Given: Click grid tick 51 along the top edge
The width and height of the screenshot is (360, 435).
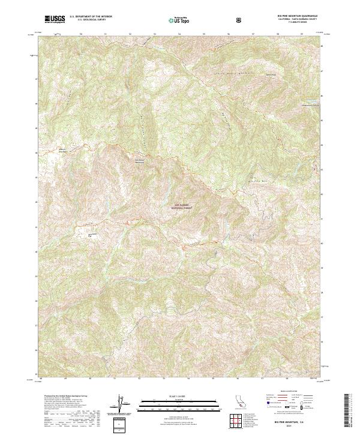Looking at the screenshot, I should point(106,34).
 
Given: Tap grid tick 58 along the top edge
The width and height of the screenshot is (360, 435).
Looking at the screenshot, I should point(277,34).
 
